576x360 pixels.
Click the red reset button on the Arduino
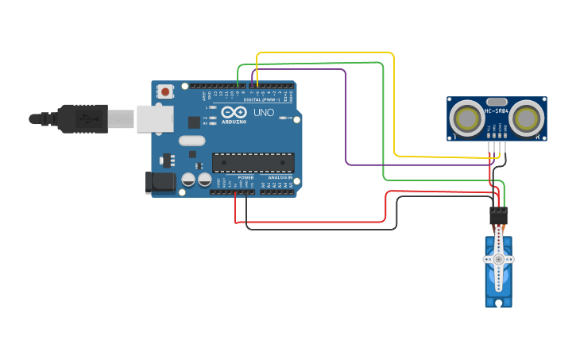click(x=164, y=91)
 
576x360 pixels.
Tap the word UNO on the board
click(x=264, y=113)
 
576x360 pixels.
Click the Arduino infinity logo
click(x=234, y=112)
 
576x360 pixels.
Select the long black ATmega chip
click(x=253, y=162)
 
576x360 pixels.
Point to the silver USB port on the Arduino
click(x=154, y=118)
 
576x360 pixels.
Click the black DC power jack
click(x=160, y=182)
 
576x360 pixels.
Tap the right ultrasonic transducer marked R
click(x=526, y=118)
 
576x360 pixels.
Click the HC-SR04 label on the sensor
click(x=497, y=111)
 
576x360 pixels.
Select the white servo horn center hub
click(x=498, y=259)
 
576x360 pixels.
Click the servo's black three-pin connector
click(x=498, y=215)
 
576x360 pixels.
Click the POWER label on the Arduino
click(x=245, y=177)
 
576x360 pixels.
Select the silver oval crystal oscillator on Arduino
click(x=191, y=141)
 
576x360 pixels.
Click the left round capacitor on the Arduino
click(x=189, y=180)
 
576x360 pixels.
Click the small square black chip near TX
click(x=194, y=122)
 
